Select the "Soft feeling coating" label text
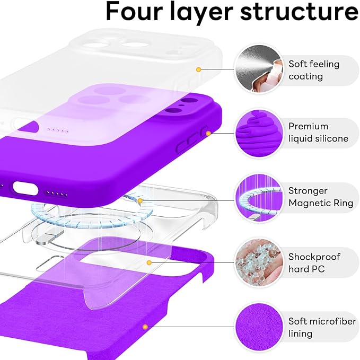(314, 70)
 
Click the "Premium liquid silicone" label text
(318, 133)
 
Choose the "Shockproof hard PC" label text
(314, 263)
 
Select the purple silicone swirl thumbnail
(257, 133)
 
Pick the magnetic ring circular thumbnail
(257, 197)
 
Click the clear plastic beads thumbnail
(257, 262)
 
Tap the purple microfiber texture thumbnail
(257, 326)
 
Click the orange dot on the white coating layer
(198, 69)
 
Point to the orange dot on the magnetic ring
(140, 200)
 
